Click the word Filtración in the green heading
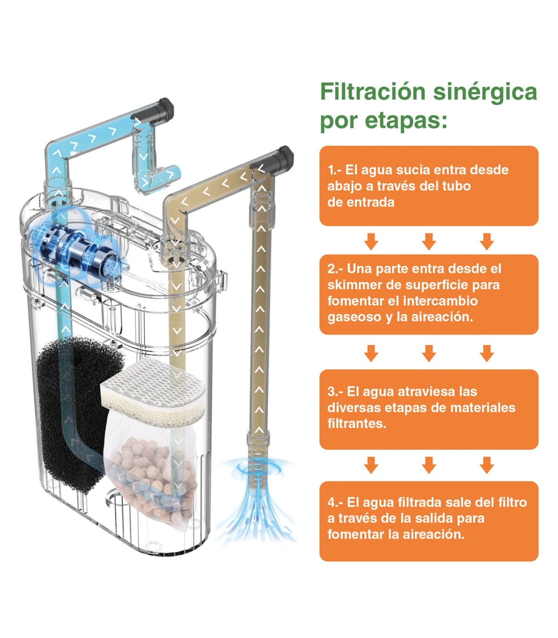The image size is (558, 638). (x=372, y=92)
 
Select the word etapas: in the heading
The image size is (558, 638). (x=406, y=121)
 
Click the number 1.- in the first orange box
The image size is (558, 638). (x=335, y=170)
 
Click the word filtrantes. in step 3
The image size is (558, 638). (x=357, y=424)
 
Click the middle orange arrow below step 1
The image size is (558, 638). (x=429, y=241)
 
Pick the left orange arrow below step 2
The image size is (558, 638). (x=371, y=353)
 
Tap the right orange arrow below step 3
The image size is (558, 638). (x=486, y=465)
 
